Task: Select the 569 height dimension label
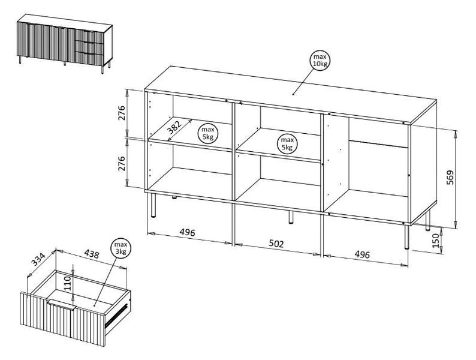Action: pyautogui.click(x=450, y=177)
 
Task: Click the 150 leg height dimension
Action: pyautogui.click(x=436, y=241)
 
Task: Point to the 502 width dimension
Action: pyautogui.click(x=276, y=244)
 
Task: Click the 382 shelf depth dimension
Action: pyautogui.click(x=175, y=128)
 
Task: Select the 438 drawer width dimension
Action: pyautogui.click(x=91, y=254)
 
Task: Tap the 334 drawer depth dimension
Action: pyautogui.click(x=39, y=259)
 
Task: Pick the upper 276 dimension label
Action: pyautogui.click(x=122, y=113)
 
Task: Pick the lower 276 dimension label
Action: pyautogui.click(x=122, y=163)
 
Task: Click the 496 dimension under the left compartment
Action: pyautogui.click(x=187, y=232)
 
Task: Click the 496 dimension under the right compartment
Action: pyautogui.click(x=362, y=254)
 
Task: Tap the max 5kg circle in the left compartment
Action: pyautogui.click(x=208, y=133)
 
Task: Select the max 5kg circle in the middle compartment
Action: pyautogui.click(x=287, y=143)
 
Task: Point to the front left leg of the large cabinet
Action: pyautogui.click(x=153, y=205)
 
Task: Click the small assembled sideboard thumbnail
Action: pyautogui.click(x=65, y=43)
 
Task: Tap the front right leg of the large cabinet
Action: pyautogui.click(x=406, y=237)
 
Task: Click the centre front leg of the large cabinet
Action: pyautogui.click(x=291, y=217)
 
